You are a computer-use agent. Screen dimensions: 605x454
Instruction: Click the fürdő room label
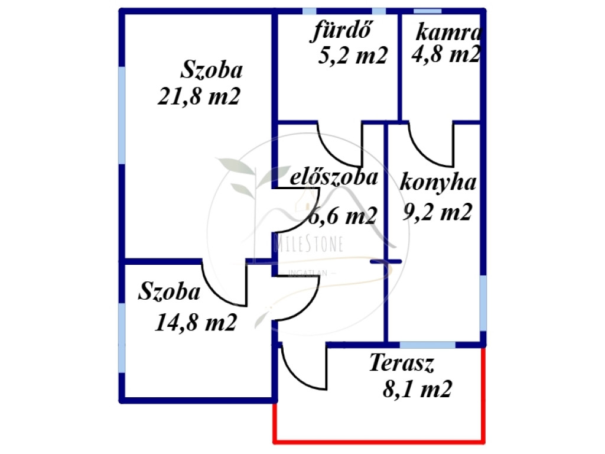click(342, 30)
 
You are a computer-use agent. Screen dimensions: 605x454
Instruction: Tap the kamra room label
click(449, 33)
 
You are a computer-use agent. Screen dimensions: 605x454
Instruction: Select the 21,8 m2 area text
click(199, 96)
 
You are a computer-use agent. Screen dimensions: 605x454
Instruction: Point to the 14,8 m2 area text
click(196, 322)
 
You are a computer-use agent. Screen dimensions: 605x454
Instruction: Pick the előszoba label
click(334, 177)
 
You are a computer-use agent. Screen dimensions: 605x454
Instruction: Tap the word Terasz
click(402, 363)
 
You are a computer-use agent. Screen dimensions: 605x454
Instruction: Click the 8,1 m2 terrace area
click(418, 389)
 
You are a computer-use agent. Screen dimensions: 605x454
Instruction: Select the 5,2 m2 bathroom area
click(353, 55)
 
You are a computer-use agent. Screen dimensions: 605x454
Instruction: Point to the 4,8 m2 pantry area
click(446, 54)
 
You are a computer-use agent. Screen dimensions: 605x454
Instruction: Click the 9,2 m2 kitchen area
click(438, 212)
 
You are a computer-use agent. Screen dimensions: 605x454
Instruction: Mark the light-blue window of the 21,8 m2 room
click(122, 115)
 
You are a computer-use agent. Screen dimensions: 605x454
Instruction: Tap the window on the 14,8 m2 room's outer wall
click(122, 338)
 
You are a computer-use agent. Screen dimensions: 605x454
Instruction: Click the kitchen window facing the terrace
click(428, 345)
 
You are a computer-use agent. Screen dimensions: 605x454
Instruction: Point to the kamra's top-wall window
click(428, 11)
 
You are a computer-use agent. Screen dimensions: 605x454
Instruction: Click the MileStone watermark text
click(308, 244)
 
